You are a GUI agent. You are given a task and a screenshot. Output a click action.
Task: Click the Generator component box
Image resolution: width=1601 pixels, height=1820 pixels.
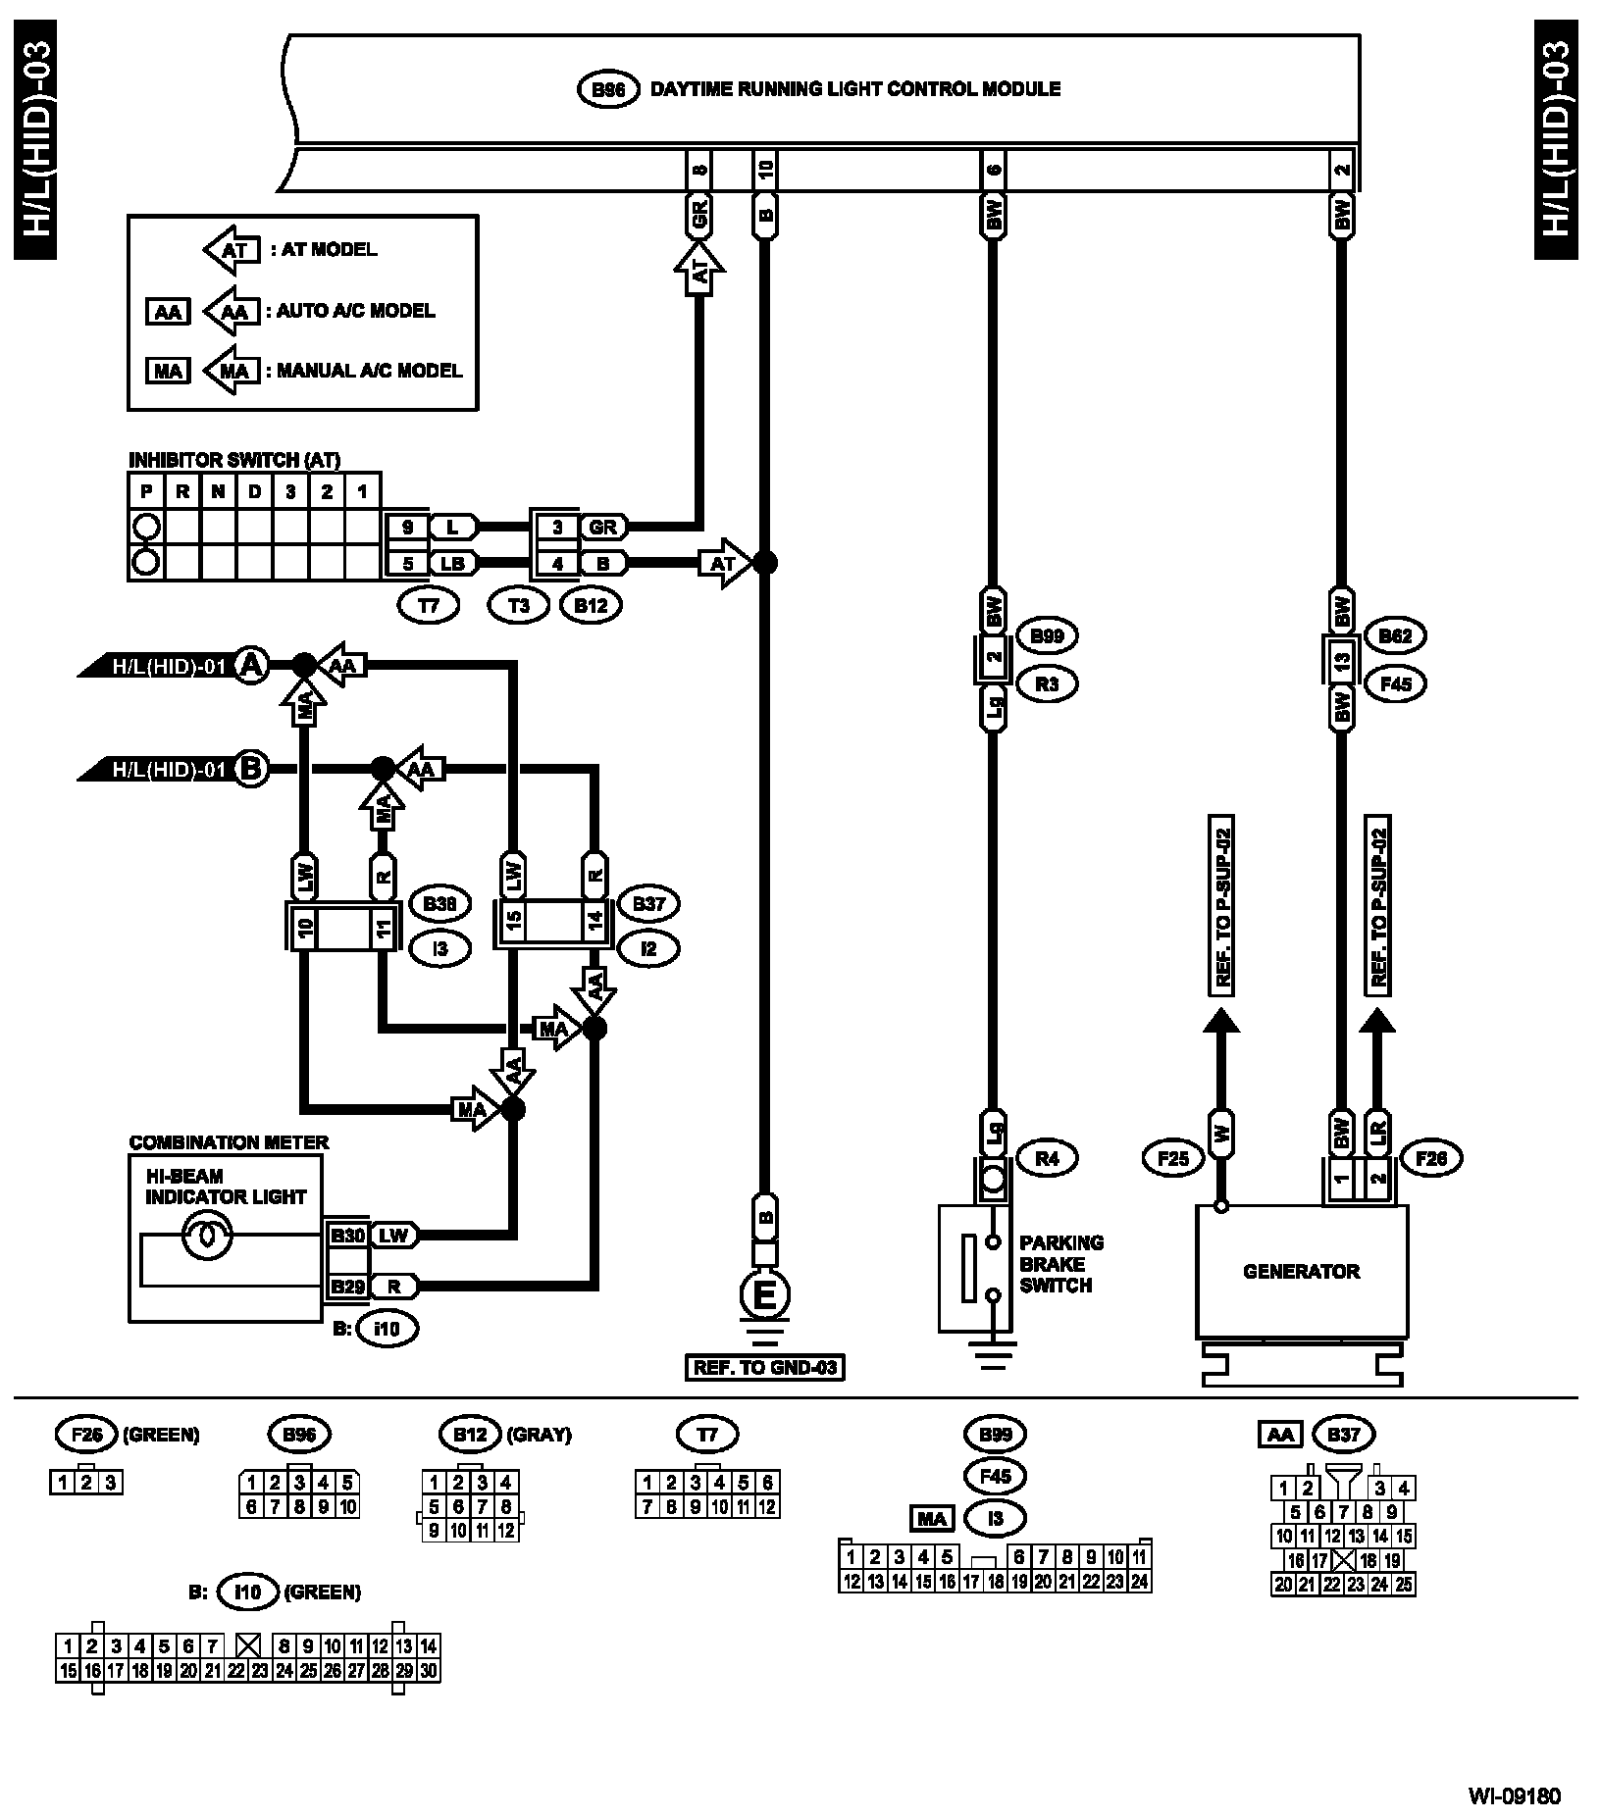coord(1301,1271)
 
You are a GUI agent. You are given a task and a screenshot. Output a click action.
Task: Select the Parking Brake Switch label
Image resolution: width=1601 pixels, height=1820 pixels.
coord(1061,1264)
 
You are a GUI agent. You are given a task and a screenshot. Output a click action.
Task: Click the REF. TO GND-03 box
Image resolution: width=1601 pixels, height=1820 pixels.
coord(765,1367)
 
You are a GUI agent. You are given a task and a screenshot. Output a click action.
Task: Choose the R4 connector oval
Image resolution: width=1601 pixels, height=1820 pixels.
coord(1047,1158)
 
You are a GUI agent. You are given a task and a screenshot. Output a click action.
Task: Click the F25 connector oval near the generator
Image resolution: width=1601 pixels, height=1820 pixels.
coord(1172,1158)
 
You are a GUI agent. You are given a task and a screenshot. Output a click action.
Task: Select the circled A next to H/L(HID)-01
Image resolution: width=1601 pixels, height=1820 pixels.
coord(252,666)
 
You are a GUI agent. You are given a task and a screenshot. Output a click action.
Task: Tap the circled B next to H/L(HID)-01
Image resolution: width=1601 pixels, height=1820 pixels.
coord(251,769)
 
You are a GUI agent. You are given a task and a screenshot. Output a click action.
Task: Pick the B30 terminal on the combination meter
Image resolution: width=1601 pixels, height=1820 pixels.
coord(346,1236)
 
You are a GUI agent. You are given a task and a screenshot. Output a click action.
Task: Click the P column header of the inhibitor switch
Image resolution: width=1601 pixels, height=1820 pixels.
coord(146,491)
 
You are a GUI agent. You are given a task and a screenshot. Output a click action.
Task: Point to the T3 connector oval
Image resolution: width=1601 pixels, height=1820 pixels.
coord(519,605)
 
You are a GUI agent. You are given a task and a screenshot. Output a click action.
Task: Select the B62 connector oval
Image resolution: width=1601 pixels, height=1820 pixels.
coord(1395,636)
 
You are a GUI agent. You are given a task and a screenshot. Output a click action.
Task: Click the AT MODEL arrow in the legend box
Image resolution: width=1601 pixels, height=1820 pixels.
coord(232,250)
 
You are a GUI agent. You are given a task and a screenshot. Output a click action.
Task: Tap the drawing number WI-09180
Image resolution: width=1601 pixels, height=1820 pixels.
coord(1514,1796)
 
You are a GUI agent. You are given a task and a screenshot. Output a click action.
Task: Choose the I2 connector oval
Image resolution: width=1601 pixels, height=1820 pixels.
coord(647,948)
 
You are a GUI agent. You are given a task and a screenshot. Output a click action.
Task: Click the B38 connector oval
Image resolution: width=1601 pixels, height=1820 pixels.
coord(439,903)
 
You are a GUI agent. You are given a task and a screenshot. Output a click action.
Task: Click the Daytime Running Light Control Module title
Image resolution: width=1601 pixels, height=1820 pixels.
coord(855,89)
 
